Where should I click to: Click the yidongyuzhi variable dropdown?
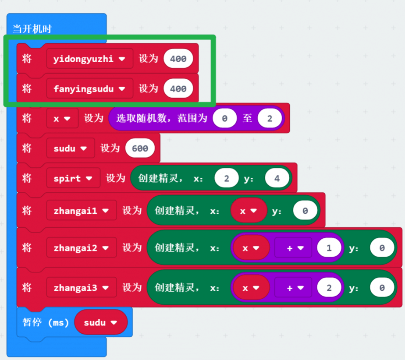(x=89, y=59)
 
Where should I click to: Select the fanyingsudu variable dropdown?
(x=89, y=89)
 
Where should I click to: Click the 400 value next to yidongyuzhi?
(x=178, y=59)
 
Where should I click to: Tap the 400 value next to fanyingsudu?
(x=178, y=89)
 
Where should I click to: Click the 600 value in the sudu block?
(x=140, y=148)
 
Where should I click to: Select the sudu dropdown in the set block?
(x=71, y=148)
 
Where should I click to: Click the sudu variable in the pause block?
(x=101, y=323)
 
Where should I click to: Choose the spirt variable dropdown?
(x=73, y=179)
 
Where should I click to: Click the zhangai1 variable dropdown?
(x=82, y=211)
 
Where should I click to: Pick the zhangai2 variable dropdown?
(x=82, y=248)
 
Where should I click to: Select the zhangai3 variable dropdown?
(x=82, y=288)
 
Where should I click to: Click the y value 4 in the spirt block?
(x=277, y=179)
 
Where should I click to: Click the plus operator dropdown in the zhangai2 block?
(x=293, y=248)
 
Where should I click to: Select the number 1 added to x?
(x=329, y=248)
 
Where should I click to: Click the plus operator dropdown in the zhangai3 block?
(x=293, y=288)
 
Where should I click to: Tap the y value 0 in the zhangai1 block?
(x=305, y=211)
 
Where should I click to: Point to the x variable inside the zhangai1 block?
(x=249, y=211)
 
